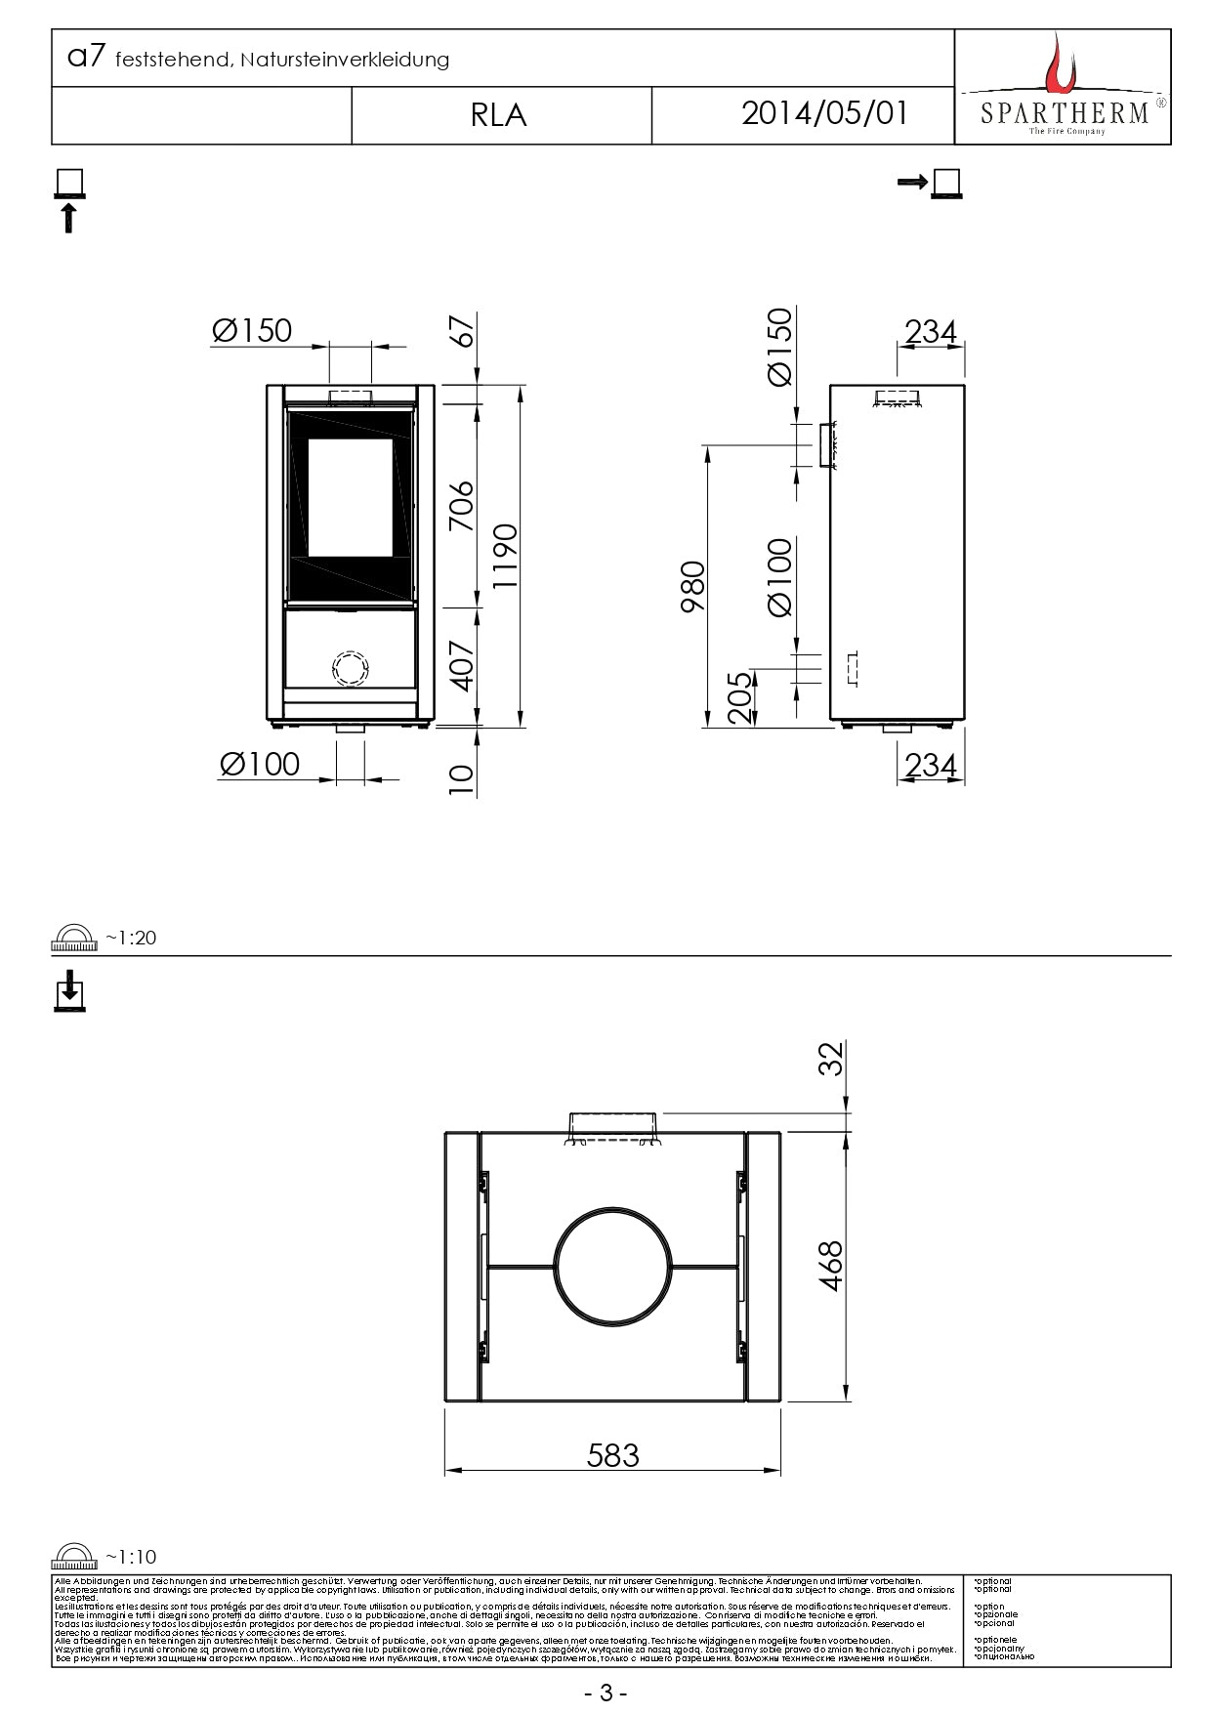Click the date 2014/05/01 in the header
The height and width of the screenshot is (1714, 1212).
pyautogui.click(x=824, y=113)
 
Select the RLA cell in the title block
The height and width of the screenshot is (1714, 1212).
pyautogui.click(x=499, y=115)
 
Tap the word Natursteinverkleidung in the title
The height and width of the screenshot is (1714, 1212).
pyautogui.click(x=345, y=61)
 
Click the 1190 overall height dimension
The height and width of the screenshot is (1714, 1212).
pyautogui.click(x=505, y=556)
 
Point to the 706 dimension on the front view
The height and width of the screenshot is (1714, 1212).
pyautogui.click(x=460, y=506)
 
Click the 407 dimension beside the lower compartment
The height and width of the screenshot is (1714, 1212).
pyautogui.click(x=460, y=665)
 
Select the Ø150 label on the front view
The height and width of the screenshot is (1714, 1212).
pyautogui.click(x=252, y=331)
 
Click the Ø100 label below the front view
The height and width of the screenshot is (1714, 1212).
pyautogui.click(x=260, y=764)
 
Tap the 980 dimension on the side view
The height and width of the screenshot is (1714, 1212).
pyautogui.click(x=692, y=586)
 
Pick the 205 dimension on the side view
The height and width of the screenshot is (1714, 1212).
pyautogui.click(x=740, y=696)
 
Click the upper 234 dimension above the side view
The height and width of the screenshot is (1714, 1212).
pyautogui.click(x=930, y=332)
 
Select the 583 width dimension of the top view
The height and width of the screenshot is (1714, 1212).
pyautogui.click(x=612, y=1455)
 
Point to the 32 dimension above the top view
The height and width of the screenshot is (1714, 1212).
pyautogui.click(x=829, y=1059)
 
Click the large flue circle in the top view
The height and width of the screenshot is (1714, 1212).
pyautogui.click(x=613, y=1266)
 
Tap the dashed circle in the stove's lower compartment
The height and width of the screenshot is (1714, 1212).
pyautogui.click(x=351, y=668)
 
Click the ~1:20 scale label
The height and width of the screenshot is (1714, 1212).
pyautogui.click(x=130, y=938)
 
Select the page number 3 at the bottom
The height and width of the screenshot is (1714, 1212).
pyautogui.click(x=606, y=1693)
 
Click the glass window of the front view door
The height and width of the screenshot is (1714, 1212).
pyautogui.click(x=350, y=496)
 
